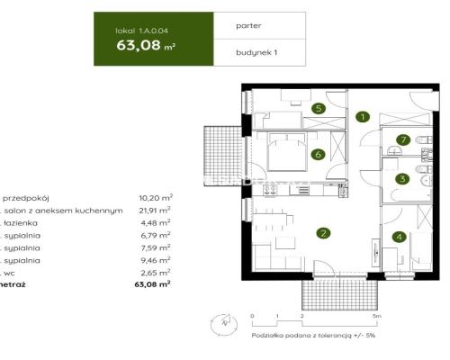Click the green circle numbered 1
coord(362,117)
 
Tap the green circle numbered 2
coord(321,233)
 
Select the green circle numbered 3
coord(403,179)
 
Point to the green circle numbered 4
coord(399,238)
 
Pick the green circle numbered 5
coord(318,109)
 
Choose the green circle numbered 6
coord(318,154)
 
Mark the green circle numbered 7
coord(404,139)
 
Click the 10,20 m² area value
coord(156,197)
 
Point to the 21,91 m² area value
coord(156,210)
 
